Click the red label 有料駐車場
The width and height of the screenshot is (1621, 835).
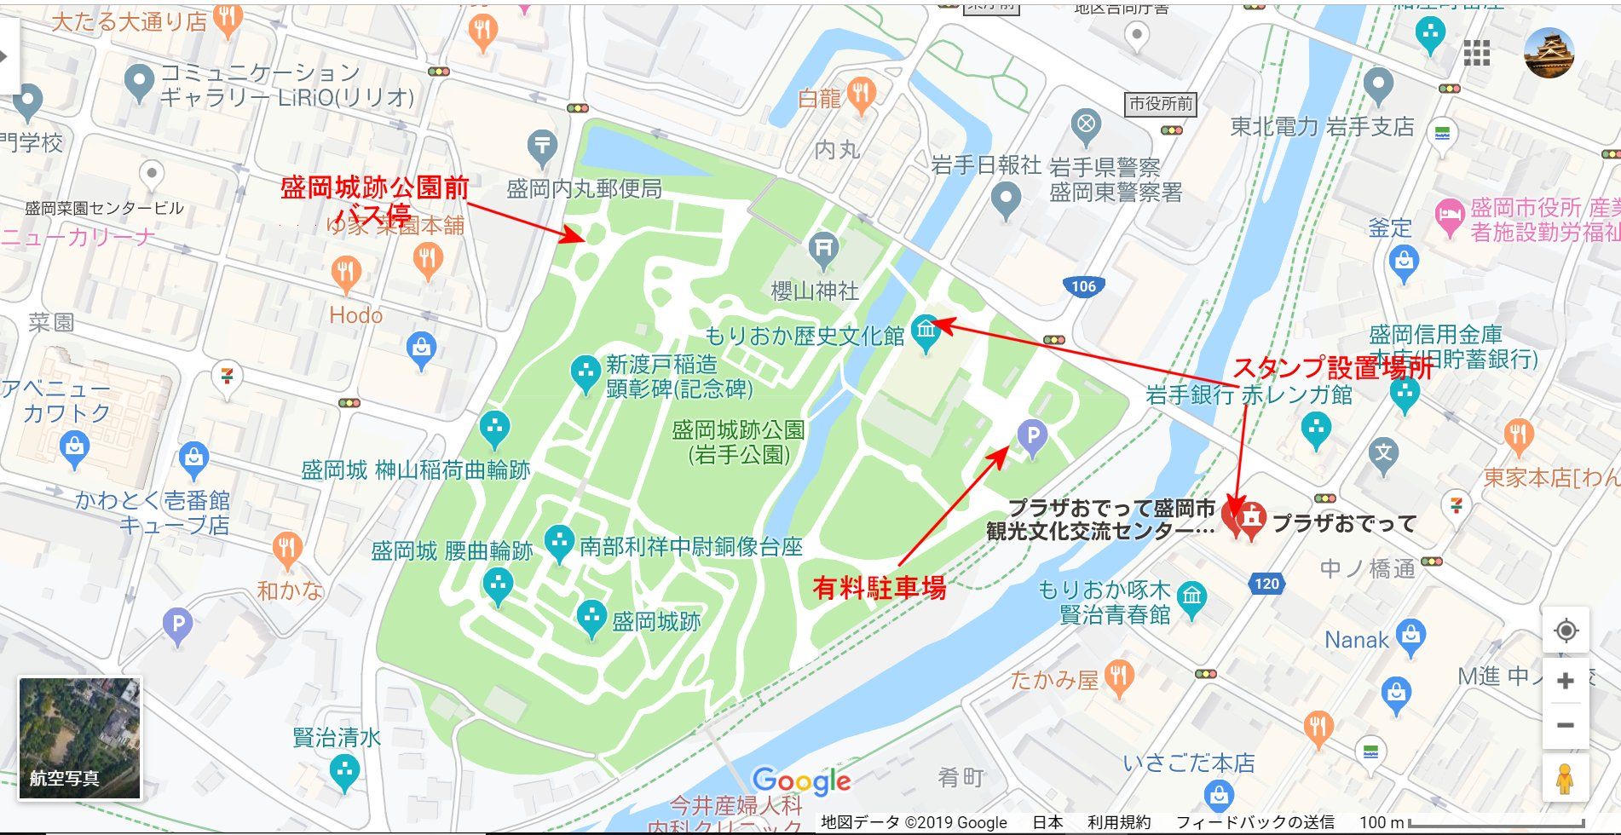click(879, 588)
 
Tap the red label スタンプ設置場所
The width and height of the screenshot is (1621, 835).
click(1332, 367)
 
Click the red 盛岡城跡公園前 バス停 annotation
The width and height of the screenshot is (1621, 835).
click(375, 199)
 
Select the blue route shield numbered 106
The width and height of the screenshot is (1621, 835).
click(1083, 286)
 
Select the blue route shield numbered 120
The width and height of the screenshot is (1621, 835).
click(1266, 584)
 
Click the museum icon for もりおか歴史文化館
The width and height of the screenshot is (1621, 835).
click(926, 329)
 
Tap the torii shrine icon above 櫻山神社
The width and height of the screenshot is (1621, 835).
click(822, 247)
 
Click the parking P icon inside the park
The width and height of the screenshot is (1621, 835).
click(1032, 436)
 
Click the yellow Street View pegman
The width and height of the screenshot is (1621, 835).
click(1564, 779)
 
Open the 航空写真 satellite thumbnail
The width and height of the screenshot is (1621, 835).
click(79, 738)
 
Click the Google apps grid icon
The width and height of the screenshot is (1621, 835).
click(1477, 53)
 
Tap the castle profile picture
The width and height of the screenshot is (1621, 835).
click(1549, 53)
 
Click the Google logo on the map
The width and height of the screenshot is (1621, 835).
click(801, 780)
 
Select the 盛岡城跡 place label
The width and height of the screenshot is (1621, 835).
click(656, 621)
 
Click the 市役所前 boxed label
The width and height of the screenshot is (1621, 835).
click(1161, 104)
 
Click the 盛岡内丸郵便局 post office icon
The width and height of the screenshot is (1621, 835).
click(542, 147)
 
